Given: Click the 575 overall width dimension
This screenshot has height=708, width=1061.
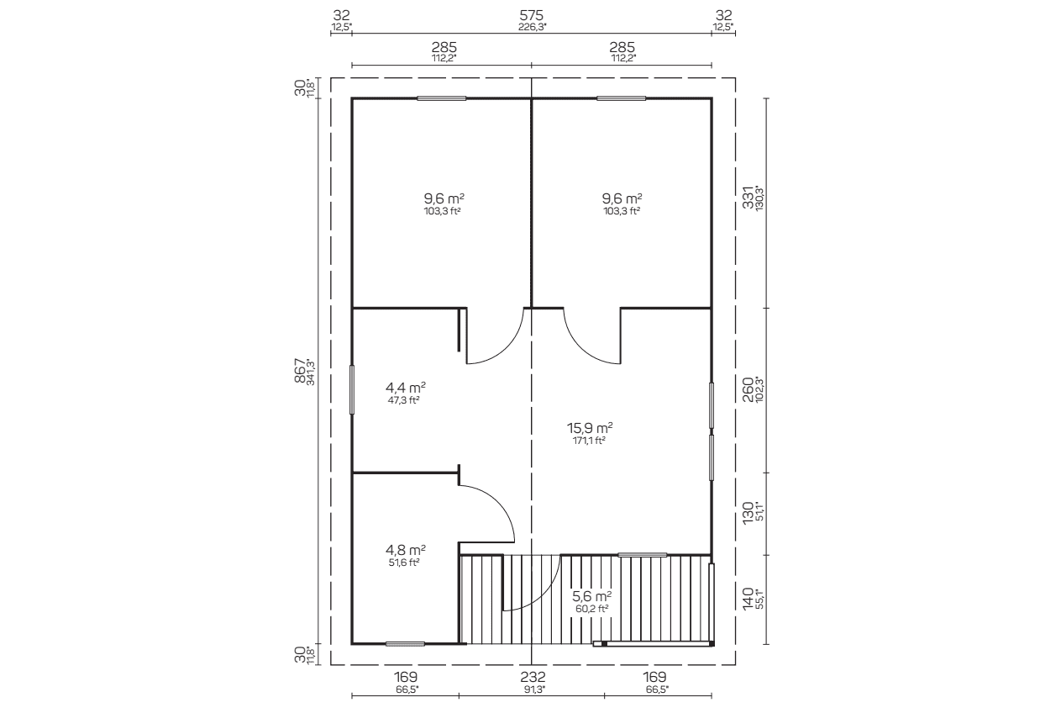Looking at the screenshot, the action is (x=531, y=16).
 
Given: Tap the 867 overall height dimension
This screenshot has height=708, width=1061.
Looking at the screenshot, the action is (x=301, y=371).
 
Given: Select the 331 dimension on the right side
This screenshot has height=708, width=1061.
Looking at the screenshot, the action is (x=748, y=198).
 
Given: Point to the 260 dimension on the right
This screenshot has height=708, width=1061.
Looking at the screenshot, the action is (x=748, y=389).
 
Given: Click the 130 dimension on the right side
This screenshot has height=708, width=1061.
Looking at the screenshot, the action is (x=748, y=513).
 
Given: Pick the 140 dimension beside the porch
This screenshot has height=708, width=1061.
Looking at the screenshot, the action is (x=748, y=599).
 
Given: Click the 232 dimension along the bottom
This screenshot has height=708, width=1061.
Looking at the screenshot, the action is (x=533, y=677).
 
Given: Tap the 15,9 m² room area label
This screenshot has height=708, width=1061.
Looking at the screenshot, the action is (x=590, y=428).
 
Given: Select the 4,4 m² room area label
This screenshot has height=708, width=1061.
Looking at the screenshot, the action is (x=406, y=388).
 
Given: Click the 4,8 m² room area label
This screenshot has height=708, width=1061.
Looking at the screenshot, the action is (x=406, y=550).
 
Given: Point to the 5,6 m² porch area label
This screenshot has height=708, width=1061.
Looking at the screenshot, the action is (x=592, y=596).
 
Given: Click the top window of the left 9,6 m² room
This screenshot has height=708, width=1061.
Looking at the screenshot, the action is (x=441, y=98).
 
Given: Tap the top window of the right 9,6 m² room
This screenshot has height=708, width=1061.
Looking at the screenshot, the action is (x=621, y=98).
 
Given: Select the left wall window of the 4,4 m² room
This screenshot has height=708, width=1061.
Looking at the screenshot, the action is (x=351, y=389).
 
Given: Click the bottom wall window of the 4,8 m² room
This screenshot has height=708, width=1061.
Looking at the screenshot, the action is (x=405, y=644).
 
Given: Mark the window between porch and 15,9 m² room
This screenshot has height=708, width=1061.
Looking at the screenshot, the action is (x=643, y=555).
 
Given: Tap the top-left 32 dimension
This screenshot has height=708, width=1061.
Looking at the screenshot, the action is (x=341, y=16).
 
